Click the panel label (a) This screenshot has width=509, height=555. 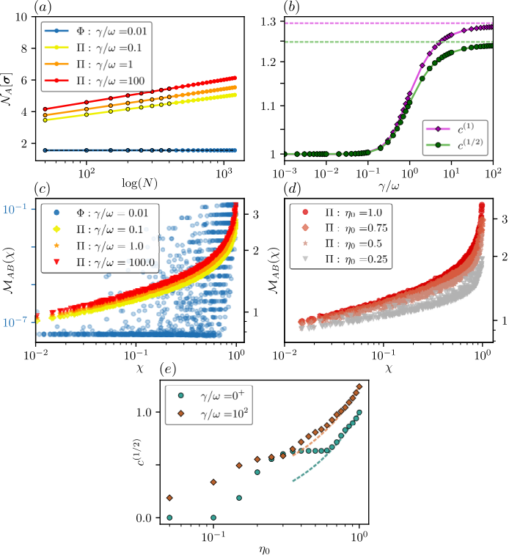coord(43,7)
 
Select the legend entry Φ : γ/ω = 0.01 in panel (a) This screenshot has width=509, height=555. coord(96,31)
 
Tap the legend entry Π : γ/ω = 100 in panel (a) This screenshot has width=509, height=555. coord(95,81)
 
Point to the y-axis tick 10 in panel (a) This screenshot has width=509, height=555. coord(21,17)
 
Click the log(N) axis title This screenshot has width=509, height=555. coord(139,183)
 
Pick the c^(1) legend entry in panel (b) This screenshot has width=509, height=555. coord(455,129)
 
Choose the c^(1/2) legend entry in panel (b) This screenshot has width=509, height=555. coord(455,144)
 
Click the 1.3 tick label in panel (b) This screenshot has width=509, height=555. coord(268,22)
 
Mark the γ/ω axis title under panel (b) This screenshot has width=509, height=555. coord(389,185)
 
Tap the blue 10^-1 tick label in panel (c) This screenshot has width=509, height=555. coord(14,209)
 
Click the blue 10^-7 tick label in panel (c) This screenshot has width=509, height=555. coord(14,322)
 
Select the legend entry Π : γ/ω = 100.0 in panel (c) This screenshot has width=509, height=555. coord(100,262)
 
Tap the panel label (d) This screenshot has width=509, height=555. coord(293,188)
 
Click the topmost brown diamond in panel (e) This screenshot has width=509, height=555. coord(359,386)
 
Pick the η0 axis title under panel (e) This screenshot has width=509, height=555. coord(264,548)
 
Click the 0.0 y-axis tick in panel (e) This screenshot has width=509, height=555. coord(144,518)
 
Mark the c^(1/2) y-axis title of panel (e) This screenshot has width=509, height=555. coord(136,452)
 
